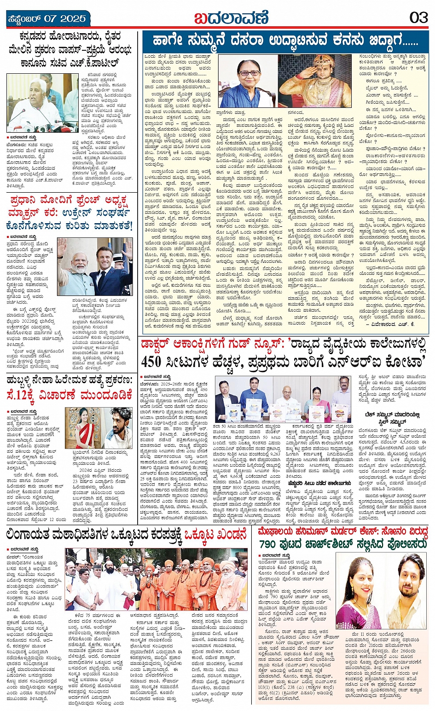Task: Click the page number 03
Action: tap(418, 18)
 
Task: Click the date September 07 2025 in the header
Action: tap(46, 19)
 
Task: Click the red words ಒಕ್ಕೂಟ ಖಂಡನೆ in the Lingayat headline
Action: tap(217, 534)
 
